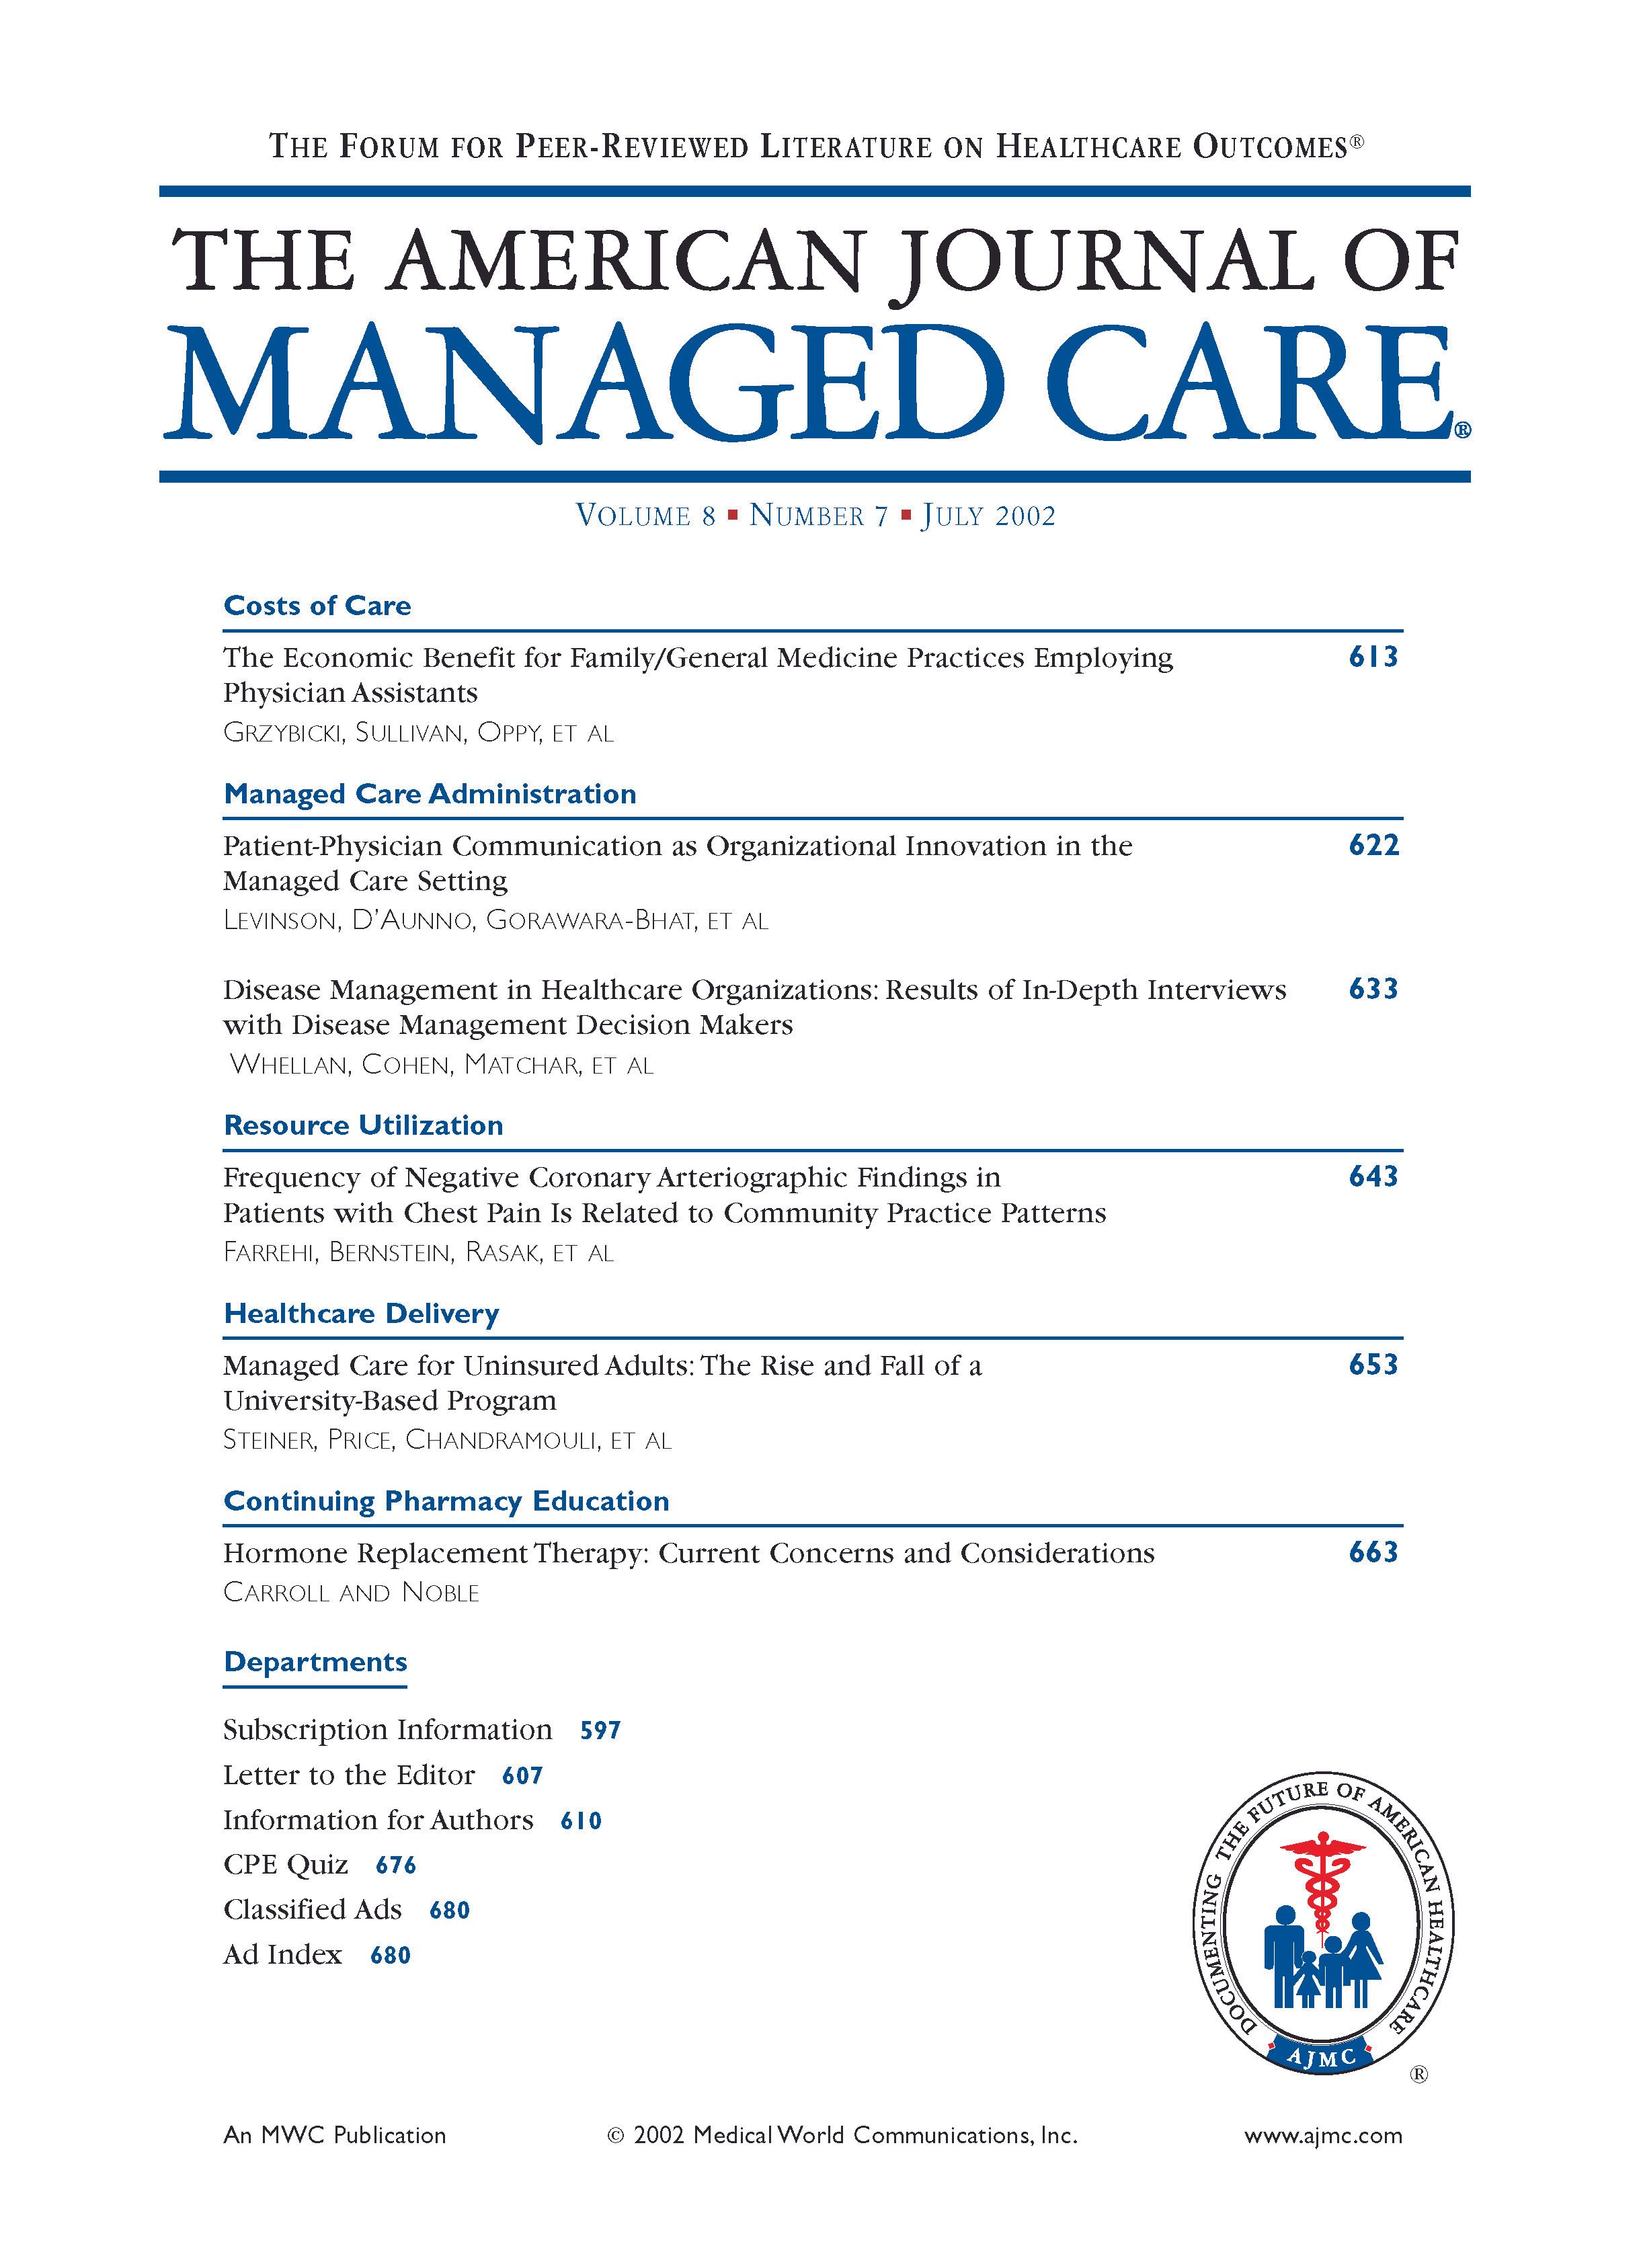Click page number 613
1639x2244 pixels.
point(1373,657)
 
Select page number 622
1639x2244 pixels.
point(1373,845)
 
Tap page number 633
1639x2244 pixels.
point(1373,989)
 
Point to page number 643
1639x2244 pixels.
point(1373,1176)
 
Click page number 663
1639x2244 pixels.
point(1373,1552)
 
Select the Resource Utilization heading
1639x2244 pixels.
point(363,1125)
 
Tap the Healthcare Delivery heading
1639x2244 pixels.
point(361,1314)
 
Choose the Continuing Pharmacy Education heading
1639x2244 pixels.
point(446,1501)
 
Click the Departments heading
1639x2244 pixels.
point(315,1662)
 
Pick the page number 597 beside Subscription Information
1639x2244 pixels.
point(600,1731)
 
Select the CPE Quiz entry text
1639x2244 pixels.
point(286,1865)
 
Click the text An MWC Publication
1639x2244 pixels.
point(334,2136)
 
